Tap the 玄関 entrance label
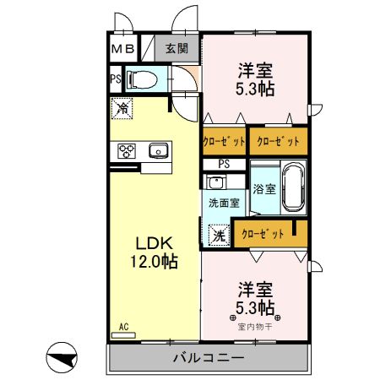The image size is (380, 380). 176,49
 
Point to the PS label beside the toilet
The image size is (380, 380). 115,80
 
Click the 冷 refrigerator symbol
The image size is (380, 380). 122,108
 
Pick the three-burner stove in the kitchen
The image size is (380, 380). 128,151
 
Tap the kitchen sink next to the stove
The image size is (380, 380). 158,151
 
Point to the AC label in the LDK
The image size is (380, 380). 123,327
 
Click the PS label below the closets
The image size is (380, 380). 224,164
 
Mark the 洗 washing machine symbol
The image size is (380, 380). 218,234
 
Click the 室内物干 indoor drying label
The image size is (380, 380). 255,326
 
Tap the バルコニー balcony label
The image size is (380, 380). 209,358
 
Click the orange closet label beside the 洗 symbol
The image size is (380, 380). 263,234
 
